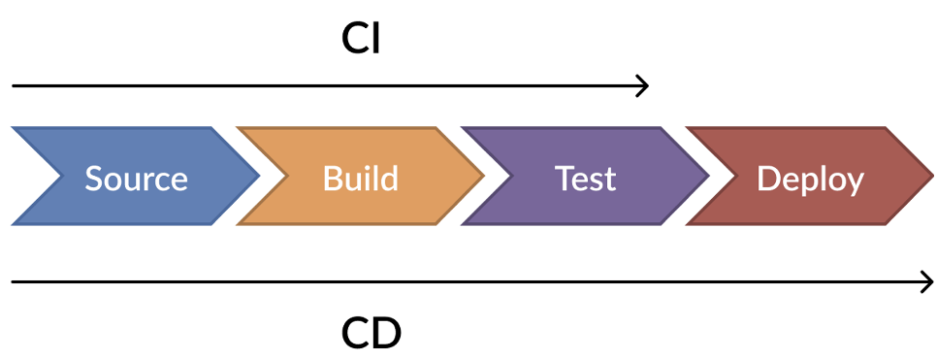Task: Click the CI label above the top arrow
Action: [x=361, y=38]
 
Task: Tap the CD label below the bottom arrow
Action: [x=371, y=334]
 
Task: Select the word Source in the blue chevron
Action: [x=136, y=179]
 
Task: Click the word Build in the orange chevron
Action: [x=360, y=179]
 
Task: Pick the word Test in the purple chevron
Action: [x=585, y=179]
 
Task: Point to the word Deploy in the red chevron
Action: [x=810, y=180]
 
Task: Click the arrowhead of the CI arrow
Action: [x=643, y=86]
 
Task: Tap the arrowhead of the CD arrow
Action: [x=928, y=282]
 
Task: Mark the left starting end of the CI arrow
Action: [x=14, y=86]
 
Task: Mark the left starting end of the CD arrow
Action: [x=14, y=282]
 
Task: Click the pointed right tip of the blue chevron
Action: [x=258, y=177]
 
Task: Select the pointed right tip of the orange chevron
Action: [x=483, y=177]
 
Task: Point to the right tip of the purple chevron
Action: [x=708, y=177]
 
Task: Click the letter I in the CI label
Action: [x=376, y=38]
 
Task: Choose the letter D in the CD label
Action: [x=386, y=334]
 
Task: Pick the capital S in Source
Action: [x=94, y=179]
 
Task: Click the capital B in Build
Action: [x=332, y=179]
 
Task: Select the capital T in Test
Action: [x=564, y=179]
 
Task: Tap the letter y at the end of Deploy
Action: [x=855, y=182]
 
